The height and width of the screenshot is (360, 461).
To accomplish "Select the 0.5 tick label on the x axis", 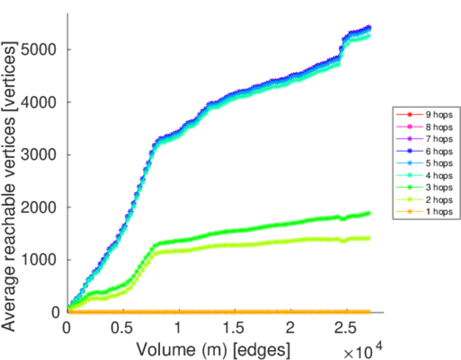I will coord(123,328).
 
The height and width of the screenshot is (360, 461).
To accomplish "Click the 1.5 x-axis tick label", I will coord(234,328).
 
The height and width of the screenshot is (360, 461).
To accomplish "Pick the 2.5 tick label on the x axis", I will coord(345,328).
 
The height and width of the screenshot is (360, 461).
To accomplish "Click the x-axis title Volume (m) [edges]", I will coord(214,348).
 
